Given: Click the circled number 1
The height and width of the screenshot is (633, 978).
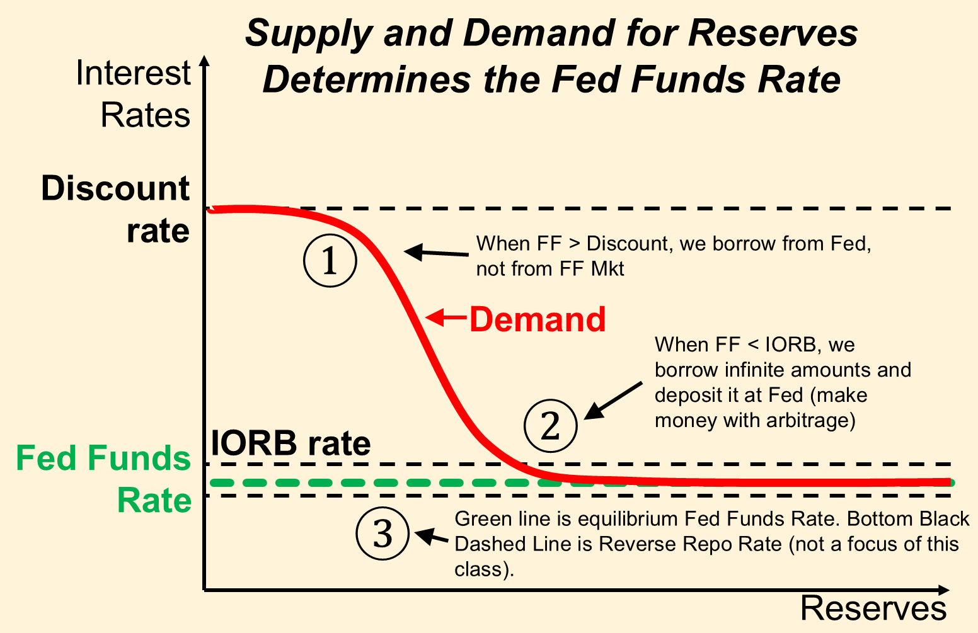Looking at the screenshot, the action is click(x=330, y=260).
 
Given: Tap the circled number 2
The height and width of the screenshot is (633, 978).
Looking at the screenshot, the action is click(x=551, y=425).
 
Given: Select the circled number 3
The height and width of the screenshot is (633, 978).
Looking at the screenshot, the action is click(x=383, y=533).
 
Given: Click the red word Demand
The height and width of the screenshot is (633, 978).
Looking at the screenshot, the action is click(x=538, y=320).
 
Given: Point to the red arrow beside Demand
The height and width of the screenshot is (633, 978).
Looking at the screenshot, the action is click(x=446, y=317).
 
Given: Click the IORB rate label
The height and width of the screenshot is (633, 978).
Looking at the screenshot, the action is click(x=291, y=443).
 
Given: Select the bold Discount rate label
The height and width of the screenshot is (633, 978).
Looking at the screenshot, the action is click(x=115, y=209).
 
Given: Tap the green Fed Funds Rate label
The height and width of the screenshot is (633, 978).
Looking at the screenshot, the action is click(x=103, y=479).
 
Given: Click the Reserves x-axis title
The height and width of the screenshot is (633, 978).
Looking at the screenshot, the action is click(x=873, y=608).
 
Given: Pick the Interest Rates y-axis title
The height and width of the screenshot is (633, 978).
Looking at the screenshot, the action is click(x=133, y=94).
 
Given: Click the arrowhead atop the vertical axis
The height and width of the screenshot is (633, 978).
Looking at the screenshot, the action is click(x=204, y=60).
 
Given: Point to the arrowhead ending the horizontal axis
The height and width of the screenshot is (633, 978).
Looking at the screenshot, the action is click(x=943, y=590).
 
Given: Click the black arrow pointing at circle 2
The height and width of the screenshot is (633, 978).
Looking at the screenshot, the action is click(x=613, y=401).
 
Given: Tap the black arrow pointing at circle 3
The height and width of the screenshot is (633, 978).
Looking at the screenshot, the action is click(x=432, y=536).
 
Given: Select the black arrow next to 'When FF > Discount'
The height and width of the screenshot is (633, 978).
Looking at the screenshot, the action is click(x=436, y=253).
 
